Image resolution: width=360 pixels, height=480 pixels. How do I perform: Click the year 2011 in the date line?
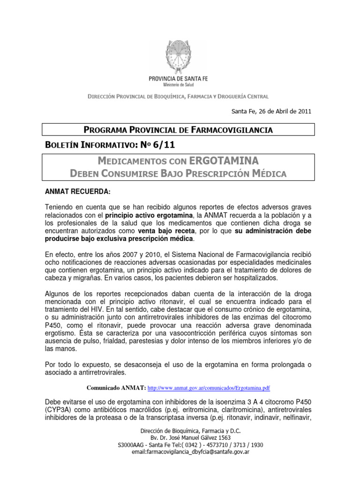point(303,111)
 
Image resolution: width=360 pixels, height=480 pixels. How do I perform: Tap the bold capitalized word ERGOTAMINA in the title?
point(224,161)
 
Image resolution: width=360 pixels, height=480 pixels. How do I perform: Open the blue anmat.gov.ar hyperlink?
point(209,388)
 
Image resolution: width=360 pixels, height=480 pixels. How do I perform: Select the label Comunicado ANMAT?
point(116,388)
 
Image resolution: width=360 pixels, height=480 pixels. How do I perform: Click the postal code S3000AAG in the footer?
point(133,445)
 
